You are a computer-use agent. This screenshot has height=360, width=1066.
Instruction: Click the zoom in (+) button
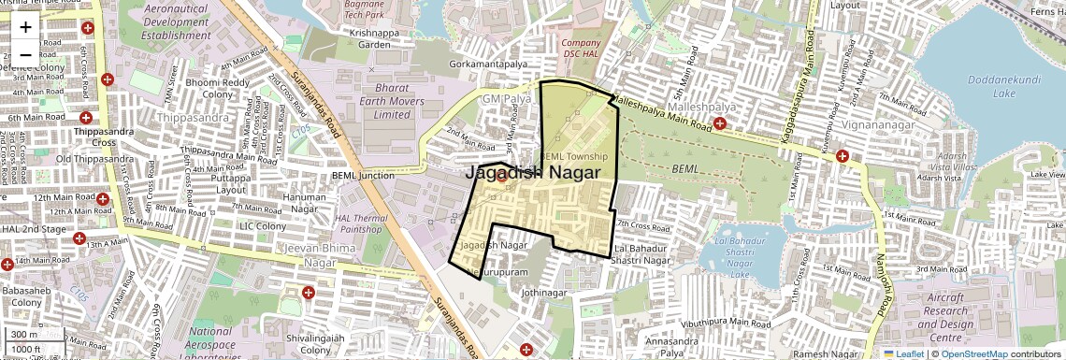tap(25, 26)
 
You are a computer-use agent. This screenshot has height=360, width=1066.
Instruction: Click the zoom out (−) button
tap(25, 54)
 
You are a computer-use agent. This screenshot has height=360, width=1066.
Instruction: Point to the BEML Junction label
tap(363, 175)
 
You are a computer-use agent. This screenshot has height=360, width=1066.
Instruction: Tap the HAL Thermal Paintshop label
tap(360, 223)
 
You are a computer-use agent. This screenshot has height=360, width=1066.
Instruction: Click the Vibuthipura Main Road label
tap(726, 323)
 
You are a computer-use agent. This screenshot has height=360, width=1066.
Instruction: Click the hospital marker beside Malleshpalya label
tap(720, 122)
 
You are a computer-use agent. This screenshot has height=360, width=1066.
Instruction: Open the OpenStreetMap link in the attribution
tap(973, 354)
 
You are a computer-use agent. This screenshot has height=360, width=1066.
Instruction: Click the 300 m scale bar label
tap(25, 335)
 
